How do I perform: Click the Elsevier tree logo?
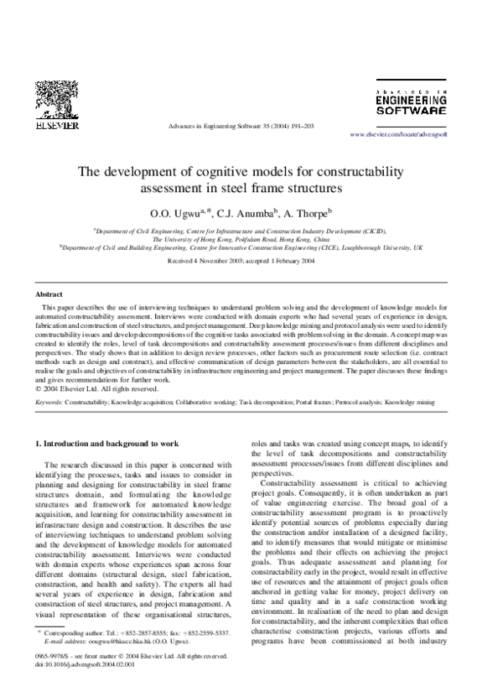pyautogui.click(x=56, y=100)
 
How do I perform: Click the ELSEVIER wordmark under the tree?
pyautogui.click(x=56, y=126)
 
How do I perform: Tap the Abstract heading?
pyautogui.click(x=49, y=294)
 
